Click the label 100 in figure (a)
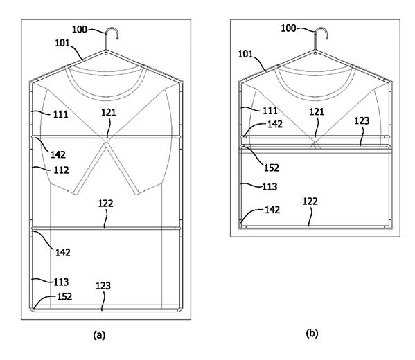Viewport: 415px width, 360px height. coord(80,29)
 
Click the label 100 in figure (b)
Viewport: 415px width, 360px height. coord(288,28)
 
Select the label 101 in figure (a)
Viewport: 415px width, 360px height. coord(62,43)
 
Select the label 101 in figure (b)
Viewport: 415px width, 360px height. coord(246,54)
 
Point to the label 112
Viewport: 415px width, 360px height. coord(61,170)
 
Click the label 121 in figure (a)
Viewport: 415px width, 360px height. coord(109,113)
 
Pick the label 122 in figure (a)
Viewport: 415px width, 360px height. coord(105,204)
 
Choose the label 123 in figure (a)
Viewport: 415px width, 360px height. coord(103,286)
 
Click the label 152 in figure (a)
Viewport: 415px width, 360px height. coord(64,296)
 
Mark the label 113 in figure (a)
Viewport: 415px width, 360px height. coord(61,282)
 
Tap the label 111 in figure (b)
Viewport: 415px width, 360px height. coord(270,111)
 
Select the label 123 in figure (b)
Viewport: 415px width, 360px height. coord(362,121)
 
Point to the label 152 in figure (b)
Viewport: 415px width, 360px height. coord(272,168)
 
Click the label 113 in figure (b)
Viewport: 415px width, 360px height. coord(270,187)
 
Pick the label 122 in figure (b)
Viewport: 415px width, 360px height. coord(310,201)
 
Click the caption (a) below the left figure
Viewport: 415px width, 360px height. coord(99,335)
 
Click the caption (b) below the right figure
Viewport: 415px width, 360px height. coord(312,333)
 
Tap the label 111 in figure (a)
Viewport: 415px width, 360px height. coord(60,115)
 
